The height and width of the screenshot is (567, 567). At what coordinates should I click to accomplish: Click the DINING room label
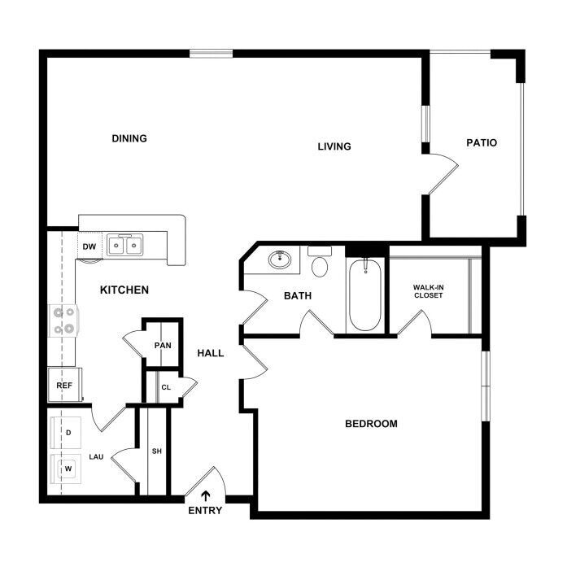point(129,138)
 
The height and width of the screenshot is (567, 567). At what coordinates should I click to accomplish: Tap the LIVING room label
point(334,146)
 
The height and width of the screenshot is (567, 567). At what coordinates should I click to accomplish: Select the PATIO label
point(482,143)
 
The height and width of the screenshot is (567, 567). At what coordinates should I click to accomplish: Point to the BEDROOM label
point(371,424)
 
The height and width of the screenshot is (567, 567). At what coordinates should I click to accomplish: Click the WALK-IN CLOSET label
point(428,291)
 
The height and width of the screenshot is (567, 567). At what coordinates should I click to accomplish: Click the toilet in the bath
point(320,261)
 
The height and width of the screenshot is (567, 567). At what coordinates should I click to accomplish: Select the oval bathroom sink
point(280,260)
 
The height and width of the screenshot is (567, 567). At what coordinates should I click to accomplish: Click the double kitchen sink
point(124,245)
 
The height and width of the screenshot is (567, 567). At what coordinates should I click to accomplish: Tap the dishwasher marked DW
point(89,246)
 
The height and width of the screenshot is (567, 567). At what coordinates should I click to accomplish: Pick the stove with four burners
point(63,321)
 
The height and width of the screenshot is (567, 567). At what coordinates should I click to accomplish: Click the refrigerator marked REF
point(65,385)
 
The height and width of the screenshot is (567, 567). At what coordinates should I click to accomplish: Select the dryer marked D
point(66,433)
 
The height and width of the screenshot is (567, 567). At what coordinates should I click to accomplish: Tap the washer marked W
point(66,469)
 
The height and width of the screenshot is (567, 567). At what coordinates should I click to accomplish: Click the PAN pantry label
point(163,346)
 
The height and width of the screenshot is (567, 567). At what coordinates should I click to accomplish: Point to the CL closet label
point(166,388)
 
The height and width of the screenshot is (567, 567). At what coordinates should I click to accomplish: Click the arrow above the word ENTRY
point(205,495)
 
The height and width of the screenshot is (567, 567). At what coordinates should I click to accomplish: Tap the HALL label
point(211,353)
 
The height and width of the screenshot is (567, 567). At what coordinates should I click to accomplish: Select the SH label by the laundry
point(156,451)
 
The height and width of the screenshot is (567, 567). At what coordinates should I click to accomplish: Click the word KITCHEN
point(124,290)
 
